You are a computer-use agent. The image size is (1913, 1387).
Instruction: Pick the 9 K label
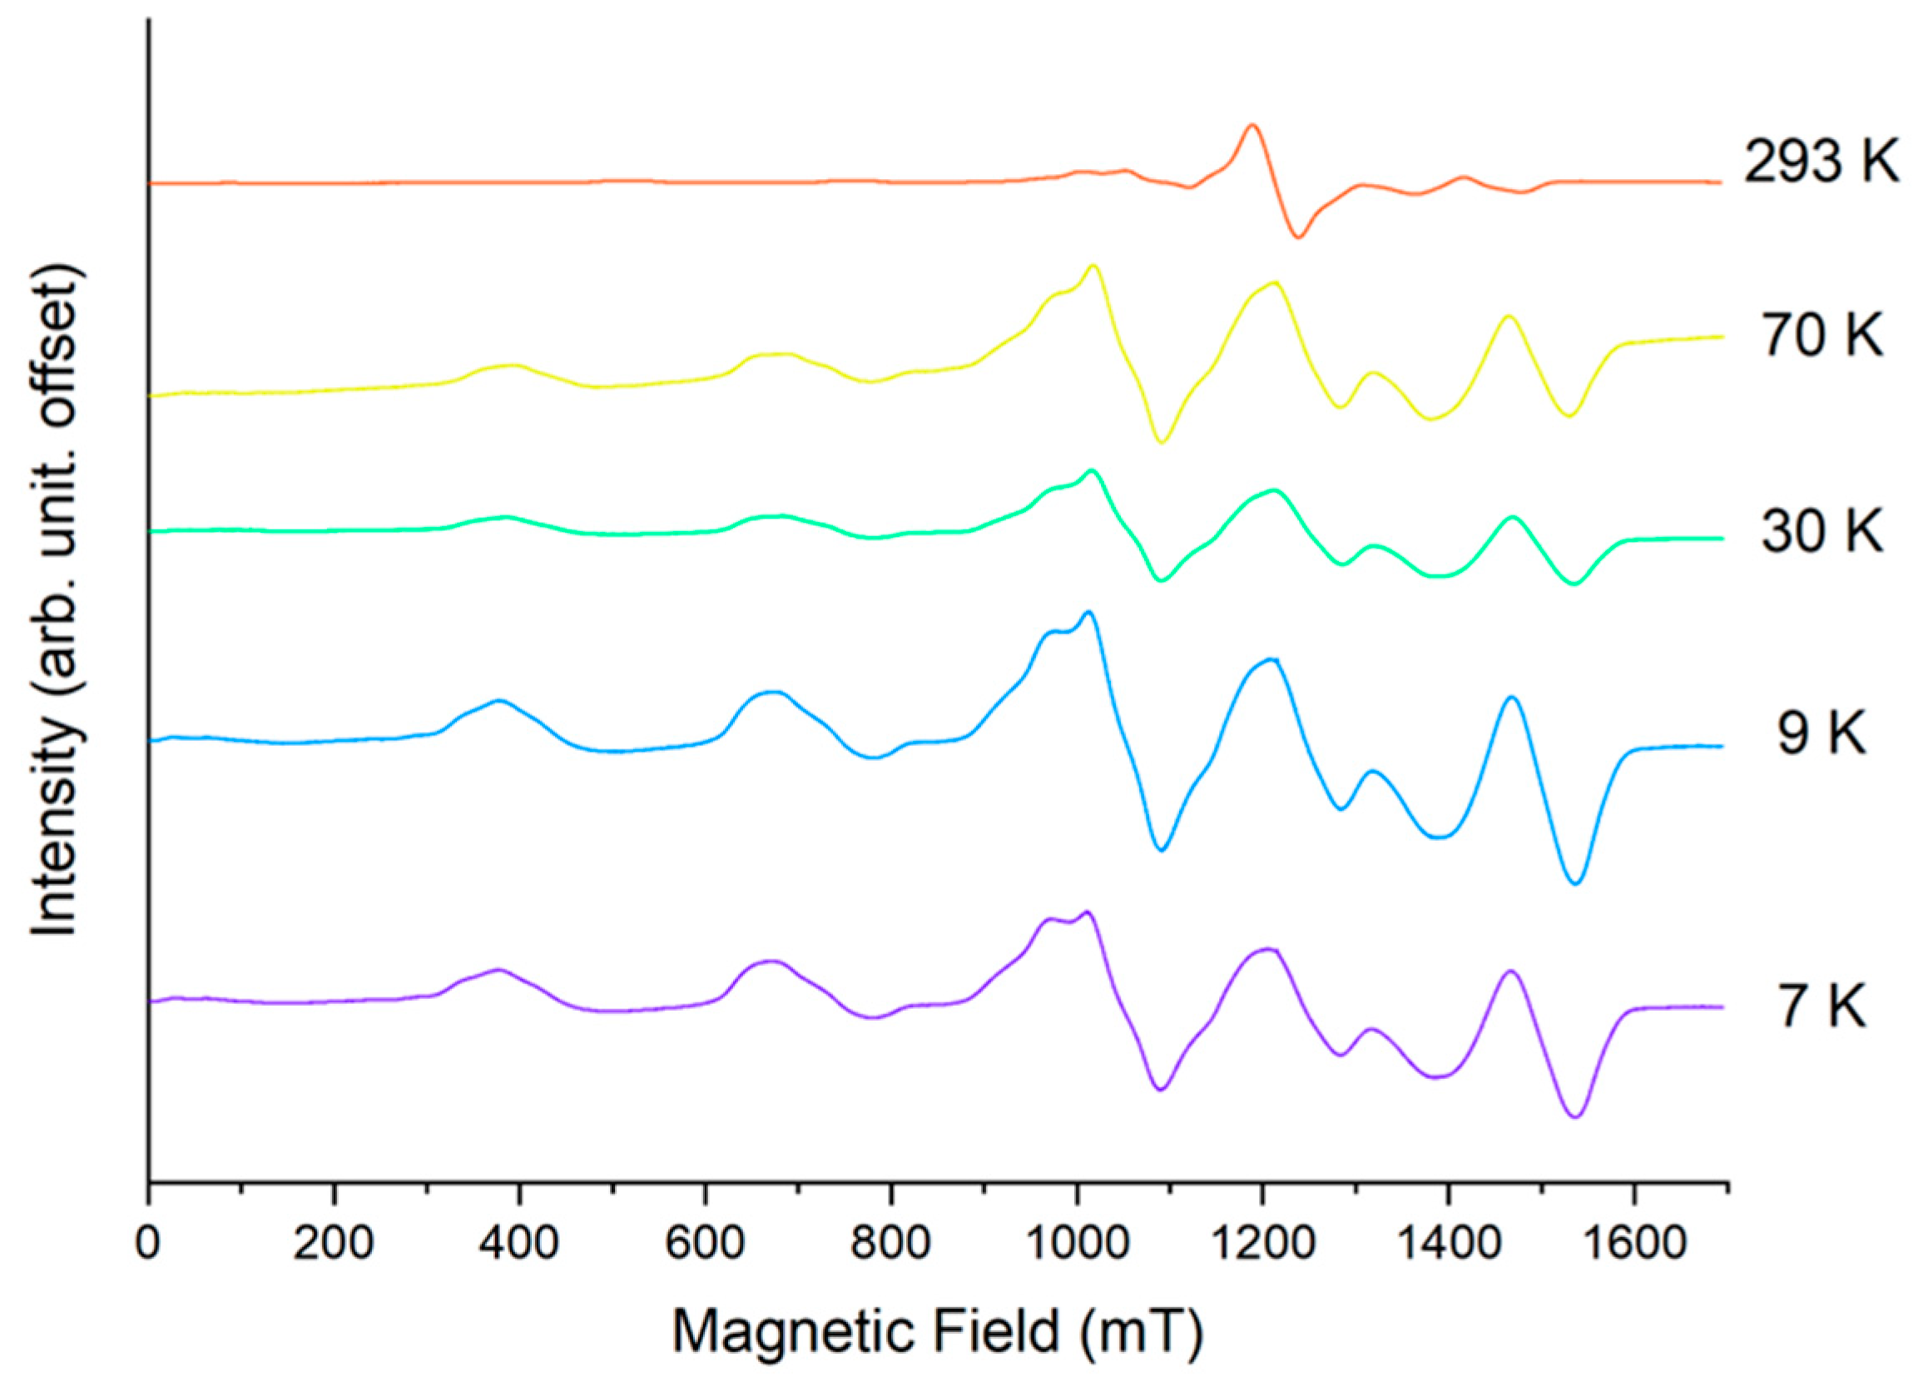(1821, 734)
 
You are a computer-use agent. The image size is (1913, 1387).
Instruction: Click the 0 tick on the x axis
(148, 1245)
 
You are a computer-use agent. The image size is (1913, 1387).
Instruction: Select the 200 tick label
(335, 1245)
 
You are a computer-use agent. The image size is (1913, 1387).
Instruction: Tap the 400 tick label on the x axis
(520, 1245)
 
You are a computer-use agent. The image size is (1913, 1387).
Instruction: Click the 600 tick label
(706, 1245)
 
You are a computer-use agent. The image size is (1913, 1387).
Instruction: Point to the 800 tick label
(891, 1245)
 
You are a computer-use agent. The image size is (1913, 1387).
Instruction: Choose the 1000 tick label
(1076, 1245)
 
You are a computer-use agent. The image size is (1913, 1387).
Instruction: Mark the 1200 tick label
(1261, 1245)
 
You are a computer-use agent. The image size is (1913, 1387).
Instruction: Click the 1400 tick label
(1447, 1245)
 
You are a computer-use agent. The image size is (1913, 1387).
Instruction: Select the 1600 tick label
(1633, 1245)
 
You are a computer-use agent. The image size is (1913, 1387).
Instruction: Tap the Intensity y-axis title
(57, 600)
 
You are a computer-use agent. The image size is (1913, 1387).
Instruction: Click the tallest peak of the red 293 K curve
(1252, 126)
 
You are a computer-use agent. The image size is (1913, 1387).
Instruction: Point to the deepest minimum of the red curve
(1299, 237)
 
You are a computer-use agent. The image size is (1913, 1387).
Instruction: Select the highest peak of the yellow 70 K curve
(1093, 266)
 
